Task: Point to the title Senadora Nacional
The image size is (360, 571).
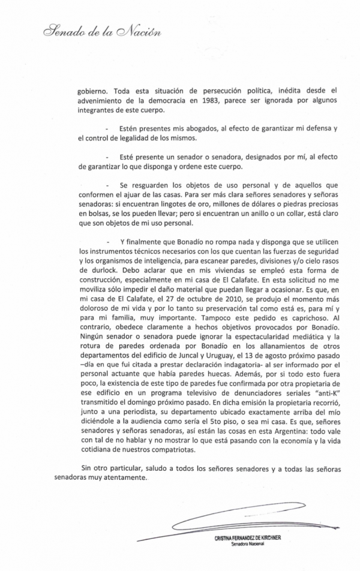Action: [247, 545]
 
